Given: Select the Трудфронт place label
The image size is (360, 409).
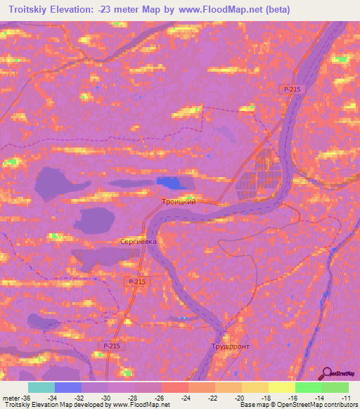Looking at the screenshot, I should (230, 347).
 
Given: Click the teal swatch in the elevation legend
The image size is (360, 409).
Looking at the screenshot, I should (41, 387).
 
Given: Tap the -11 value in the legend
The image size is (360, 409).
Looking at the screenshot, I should (347, 397).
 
